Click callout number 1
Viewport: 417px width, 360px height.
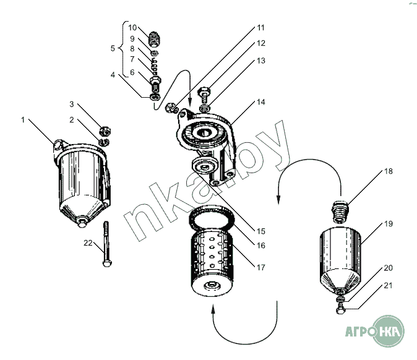coord(23,119)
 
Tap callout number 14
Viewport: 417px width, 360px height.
coord(261,102)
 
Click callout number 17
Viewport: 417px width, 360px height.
coord(261,267)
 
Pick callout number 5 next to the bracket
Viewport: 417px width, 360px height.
coord(113,48)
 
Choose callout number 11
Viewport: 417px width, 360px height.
coord(261,28)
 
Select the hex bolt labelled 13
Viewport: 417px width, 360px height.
coord(204,95)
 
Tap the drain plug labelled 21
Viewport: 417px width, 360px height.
coord(341,304)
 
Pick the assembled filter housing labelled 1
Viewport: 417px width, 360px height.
coord(84,179)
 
